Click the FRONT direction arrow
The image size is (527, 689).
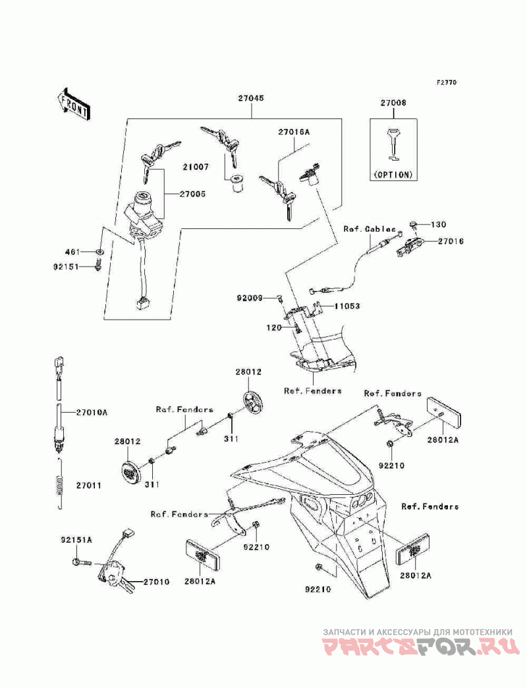[x=74, y=104]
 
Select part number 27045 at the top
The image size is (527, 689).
[x=251, y=99]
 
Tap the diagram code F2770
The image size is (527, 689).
[x=447, y=82]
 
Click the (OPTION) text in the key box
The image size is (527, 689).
[x=393, y=174]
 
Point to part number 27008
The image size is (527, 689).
[x=393, y=103]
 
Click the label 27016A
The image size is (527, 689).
[x=293, y=132]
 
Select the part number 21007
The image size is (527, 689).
[x=196, y=167]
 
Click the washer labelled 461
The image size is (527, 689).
[x=100, y=251]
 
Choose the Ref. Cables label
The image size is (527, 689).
[x=370, y=229]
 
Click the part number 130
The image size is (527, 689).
[x=438, y=224]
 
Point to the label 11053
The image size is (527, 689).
[x=347, y=306]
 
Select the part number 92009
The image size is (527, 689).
[x=250, y=298]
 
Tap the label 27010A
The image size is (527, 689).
[x=92, y=412]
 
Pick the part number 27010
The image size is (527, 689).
[x=156, y=582]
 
